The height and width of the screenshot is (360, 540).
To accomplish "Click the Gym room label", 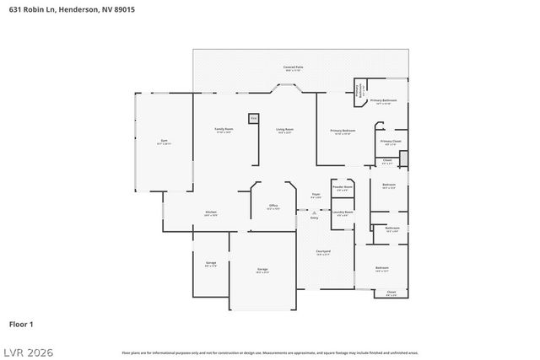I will (x=164, y=141).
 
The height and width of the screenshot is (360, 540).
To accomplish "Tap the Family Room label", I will (x=224, y=130).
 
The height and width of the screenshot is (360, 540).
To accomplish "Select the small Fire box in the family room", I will (x=252, y=119).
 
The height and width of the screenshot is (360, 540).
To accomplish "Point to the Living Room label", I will (x=284, y=130).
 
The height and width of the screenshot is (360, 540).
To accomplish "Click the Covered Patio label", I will (x=293, y=67).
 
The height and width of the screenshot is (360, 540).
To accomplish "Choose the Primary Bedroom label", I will (x=342, y=131).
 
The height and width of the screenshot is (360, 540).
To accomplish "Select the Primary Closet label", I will (x=390, y=142).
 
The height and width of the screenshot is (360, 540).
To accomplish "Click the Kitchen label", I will (x=211, y=212).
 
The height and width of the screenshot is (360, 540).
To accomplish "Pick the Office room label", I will (x=273, y=206).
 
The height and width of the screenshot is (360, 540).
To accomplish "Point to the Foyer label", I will (x=314, y=195).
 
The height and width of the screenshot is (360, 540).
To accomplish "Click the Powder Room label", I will (x=342, y=187).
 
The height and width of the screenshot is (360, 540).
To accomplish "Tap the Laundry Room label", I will (x=342, y=212).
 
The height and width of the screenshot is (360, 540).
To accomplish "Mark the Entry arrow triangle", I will (x=314, y=212).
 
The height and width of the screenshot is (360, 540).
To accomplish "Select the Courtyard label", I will (x=323, y=252).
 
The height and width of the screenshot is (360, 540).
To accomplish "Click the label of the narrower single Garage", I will (x=210, y=263).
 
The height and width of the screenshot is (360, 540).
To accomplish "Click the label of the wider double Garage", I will (x=262, y=270).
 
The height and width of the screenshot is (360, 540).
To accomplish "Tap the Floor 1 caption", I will (x=21, y=323).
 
